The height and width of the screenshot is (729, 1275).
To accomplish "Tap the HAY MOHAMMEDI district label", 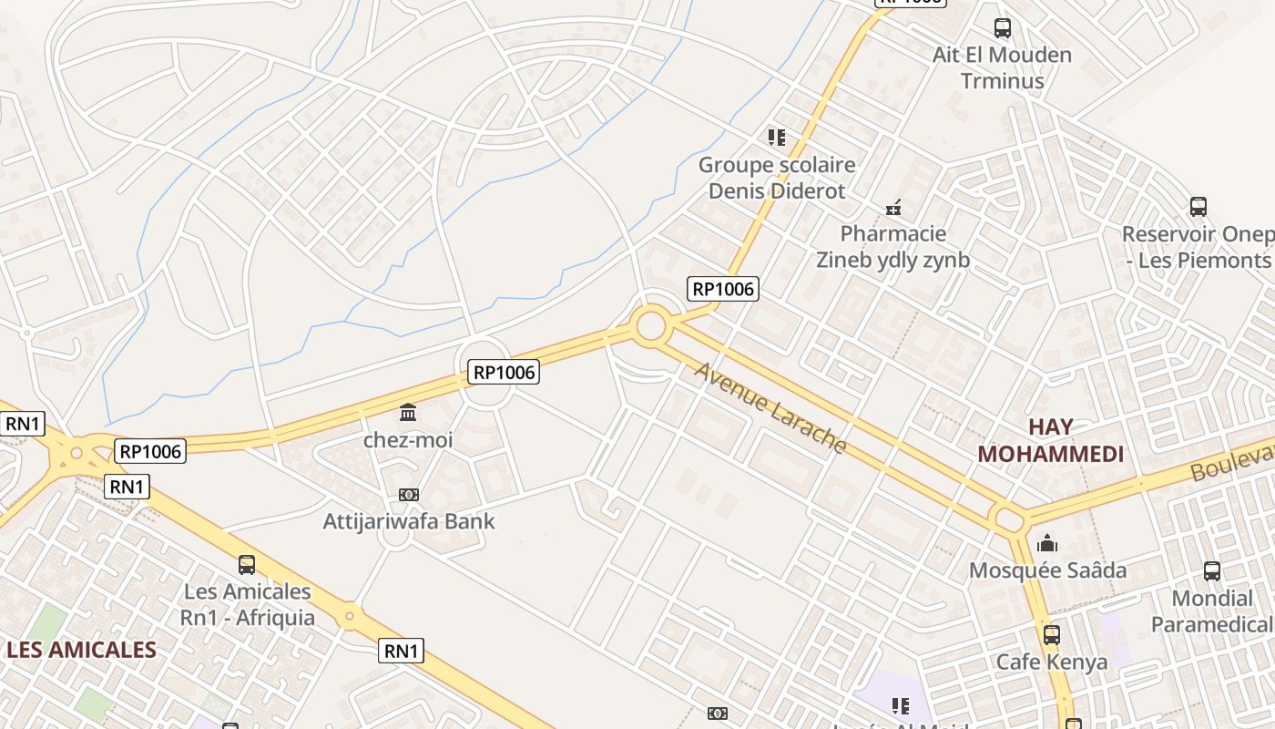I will pyautogui.click(x=1050, y=440).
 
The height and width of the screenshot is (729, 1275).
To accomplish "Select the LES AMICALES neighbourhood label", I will pyautogui.click(x=81, y=650).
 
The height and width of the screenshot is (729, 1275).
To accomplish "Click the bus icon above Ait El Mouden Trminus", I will pyautogui.click(x=1003, y=28).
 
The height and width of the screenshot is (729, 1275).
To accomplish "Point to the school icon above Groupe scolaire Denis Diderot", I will pyautogui.click(x=776, y=138).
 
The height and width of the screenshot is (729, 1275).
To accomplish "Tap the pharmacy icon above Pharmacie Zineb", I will pyautogui.click(x=893, y=208).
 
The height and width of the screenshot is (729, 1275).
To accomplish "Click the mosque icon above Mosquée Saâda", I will pyautogui.click(x=1047, y=544).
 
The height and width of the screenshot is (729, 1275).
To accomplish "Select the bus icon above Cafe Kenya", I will pyautogui.click(x=1052, y=634).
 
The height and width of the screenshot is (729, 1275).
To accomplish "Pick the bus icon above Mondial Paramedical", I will pyautogui.click(x=1212, y=571).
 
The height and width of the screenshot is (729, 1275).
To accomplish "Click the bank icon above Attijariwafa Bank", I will pyautogui.click(x=409, y=495).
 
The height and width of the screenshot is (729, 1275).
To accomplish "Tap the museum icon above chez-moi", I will pyautogui.click(x=408, y=413).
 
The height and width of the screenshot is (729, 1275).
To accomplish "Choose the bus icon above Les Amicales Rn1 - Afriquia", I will pyautogui.click(x=247, y=564).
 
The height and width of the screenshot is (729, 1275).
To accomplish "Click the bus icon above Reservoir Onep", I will pyautogui.click(x=1198, y=207).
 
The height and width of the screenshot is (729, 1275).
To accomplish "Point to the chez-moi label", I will pyautogui.click(x=408, y=440).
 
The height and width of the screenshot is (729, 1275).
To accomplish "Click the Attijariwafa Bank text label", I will pyautogui.click(x=409, y=521).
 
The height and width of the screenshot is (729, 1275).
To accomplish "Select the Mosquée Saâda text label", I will pyautogui.click(x=1047, y=570).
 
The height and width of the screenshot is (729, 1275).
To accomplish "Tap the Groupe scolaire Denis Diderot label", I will pyautogui.click(x=777, y=178).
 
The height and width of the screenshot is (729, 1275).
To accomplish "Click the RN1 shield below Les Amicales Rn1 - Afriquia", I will pyautogui.click(x=402, y=651).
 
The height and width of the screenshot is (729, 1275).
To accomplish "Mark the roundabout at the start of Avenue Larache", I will pyautogui.click(x=650, y=325).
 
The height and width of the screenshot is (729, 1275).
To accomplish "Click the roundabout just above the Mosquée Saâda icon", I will pyautogui.click(x=1010, y=520).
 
